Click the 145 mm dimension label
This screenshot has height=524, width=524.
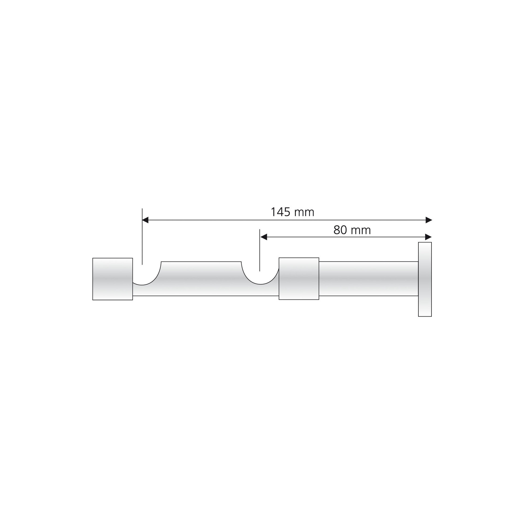coord(292,212)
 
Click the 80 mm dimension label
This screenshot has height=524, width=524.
coord(352,230)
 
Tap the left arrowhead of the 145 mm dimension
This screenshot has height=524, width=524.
coord(145,220)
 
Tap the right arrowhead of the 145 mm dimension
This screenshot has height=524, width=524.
coord(429,220)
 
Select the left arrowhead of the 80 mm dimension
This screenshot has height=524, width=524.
coord(263,237)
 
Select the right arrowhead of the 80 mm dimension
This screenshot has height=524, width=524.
coord(428,237)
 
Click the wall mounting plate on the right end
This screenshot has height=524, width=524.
coord(425,279)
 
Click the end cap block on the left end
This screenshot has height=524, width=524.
coord(113,279)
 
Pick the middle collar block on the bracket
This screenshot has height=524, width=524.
coord(299,279)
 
